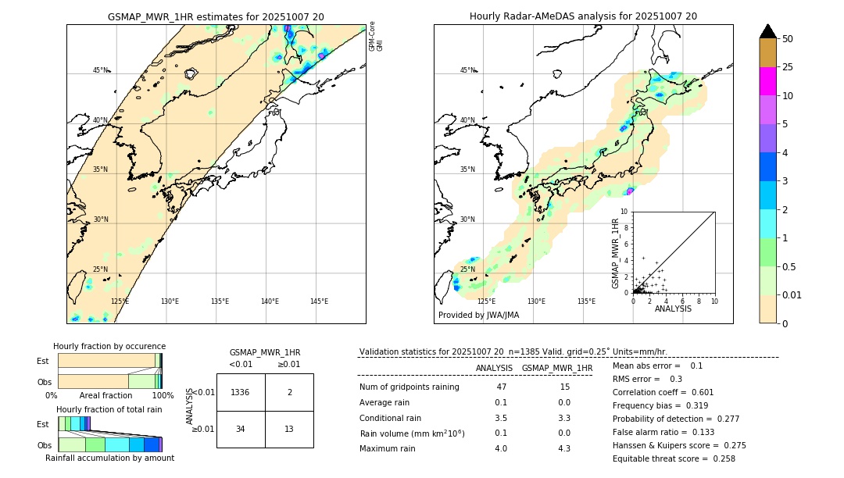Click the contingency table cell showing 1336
click(x=240, y=392)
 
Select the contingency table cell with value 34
click(x=240, y=429)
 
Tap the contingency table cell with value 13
click(x=289, y=429)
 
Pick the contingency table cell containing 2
click(x=289, y=392)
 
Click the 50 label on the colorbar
click(x=788, y=39)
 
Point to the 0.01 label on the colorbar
click(x=792, y=294)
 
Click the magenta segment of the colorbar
click(x=767, y=81)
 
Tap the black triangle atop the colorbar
click(x=767, y=31)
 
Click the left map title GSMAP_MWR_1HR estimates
click(x=216, y=16)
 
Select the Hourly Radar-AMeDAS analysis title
click(x=583, y=16)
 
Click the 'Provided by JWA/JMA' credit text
click(x=478, y=316)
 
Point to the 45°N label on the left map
click(x=100, y=70)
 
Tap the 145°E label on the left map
click(x=319, y=301)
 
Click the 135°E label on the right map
click(x=586, y=301)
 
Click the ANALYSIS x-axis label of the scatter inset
click(x=673, y=309)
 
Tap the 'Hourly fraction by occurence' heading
click(x=109, y=346)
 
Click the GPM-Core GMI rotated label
click(x=376, y=36)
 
